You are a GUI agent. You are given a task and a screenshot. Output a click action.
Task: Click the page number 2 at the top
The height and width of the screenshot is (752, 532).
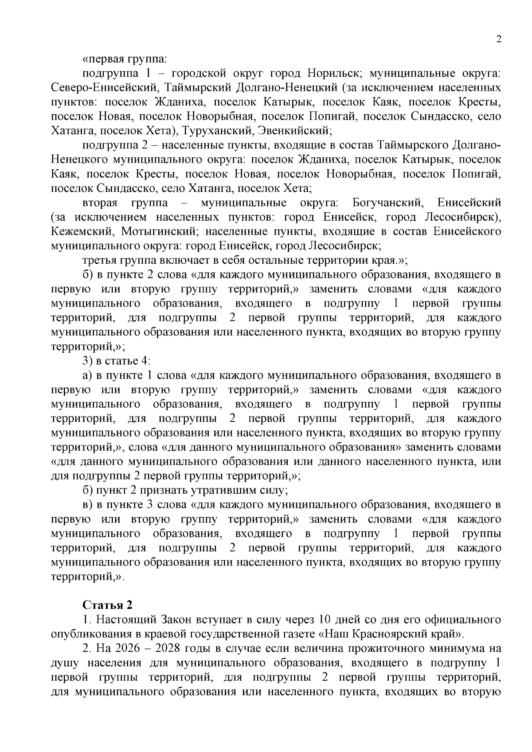(x=499, y=39)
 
